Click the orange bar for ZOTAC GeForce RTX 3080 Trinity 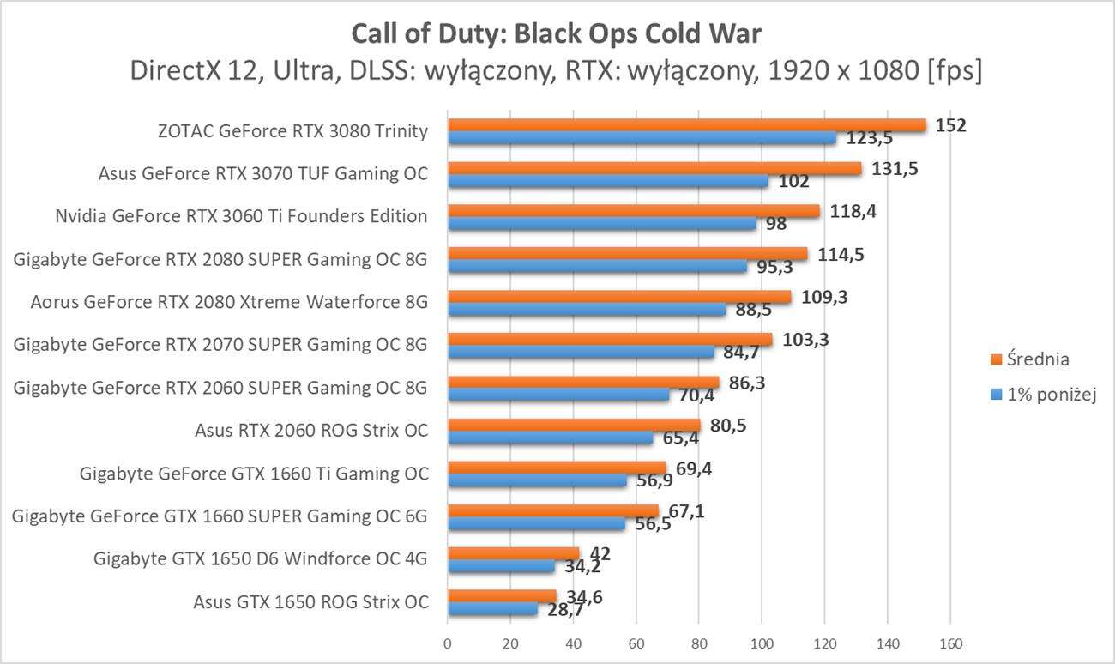(x=686, y=125)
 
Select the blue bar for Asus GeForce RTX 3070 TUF (x=607, y=181)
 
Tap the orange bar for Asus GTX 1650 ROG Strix (x=502, y=595)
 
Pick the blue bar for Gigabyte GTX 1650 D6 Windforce (x=501, y=566)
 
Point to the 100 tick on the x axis (x=762, y=643)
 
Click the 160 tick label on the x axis (x=950, y=643)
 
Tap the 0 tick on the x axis (x=447, y=643)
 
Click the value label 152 (x=951, y=125)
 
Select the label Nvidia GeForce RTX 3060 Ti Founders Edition (x=241, y=216)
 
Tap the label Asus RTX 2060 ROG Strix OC (x=311, y=430)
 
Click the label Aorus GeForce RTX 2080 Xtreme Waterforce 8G (x=229, y=302)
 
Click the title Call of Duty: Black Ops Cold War (x=557, y=34)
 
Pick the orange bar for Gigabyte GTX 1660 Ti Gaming (x=556, y=468)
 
